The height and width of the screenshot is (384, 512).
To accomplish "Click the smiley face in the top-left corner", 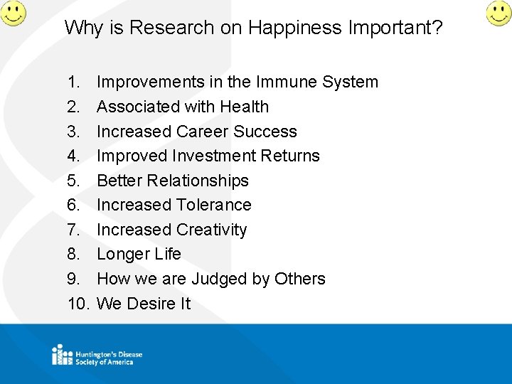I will click(x=12, y=12).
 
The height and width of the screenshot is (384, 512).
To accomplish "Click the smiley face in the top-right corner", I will click(x=498, y=12).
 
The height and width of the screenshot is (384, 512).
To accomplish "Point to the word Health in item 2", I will click(x=244, y=107).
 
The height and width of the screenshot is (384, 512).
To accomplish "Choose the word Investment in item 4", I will click(x=213, y=156).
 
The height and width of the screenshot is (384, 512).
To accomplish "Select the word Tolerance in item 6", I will click(x=213, y=205).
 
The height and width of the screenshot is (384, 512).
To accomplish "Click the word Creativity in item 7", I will click(x=212, y=230).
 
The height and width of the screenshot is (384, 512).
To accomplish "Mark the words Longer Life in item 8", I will click(x=139, y=254).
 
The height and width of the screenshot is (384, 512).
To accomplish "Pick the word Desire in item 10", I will click(x=150, y=304).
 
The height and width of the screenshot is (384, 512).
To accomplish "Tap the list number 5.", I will click(x=73, y=181).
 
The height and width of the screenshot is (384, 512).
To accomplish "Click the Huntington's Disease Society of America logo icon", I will click(x=62, y=354).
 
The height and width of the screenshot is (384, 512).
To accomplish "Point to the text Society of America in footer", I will click(x=105, y=362).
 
